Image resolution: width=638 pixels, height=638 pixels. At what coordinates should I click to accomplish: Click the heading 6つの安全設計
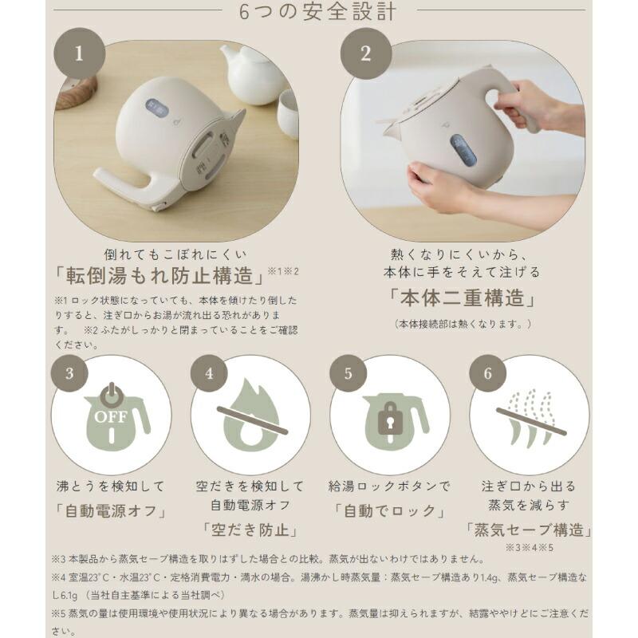[318, 12]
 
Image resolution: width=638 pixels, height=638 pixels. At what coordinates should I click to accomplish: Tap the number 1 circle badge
[78, 54]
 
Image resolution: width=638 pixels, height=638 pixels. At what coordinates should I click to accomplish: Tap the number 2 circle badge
[366, 54]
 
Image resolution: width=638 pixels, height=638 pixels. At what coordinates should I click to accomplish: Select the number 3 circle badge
[71, 373]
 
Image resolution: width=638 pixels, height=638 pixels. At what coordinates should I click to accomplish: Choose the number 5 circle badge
[349, 373]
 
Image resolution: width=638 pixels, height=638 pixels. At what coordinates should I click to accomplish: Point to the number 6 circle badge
[488, 373]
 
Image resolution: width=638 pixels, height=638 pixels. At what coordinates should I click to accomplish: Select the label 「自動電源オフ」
[110, 510]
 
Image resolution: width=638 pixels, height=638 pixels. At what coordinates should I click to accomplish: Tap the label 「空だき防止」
[250, 529]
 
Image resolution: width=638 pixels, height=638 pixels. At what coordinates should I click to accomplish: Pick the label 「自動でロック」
[388, 510]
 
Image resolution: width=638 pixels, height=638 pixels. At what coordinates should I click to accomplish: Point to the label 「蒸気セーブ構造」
[528, 529]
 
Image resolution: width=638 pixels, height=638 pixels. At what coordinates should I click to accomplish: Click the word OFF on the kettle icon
[111, 416]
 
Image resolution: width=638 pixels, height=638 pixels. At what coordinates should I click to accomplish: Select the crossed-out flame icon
[250, 415]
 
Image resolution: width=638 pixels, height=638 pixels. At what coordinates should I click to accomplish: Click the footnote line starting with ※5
[319, 614]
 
